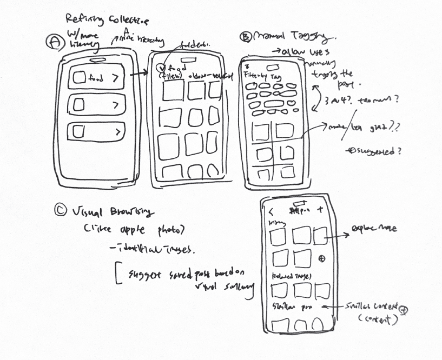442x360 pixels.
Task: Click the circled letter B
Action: [246, 37]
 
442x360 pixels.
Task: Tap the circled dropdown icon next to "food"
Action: [160, 69]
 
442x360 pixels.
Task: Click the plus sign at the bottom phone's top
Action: [320, 210]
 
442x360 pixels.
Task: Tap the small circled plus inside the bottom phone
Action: [322, 259]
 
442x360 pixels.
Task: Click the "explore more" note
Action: [375, 229]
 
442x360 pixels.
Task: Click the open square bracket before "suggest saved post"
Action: [117, 273]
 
